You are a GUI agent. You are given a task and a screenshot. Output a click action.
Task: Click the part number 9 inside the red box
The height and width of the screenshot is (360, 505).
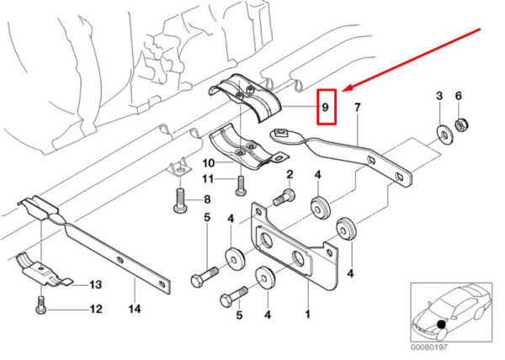(325, 107)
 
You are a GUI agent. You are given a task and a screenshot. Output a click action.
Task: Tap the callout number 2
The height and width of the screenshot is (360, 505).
(289, 174)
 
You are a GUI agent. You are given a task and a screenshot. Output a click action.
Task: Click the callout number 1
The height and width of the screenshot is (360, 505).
(308, 315)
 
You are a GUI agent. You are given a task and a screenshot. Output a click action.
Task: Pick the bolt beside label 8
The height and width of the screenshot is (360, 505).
(178, 201)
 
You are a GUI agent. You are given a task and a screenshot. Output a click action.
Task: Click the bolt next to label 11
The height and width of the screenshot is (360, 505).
(241, 179)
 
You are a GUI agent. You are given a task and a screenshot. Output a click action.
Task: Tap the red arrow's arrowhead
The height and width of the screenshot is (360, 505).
(346, 88)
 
